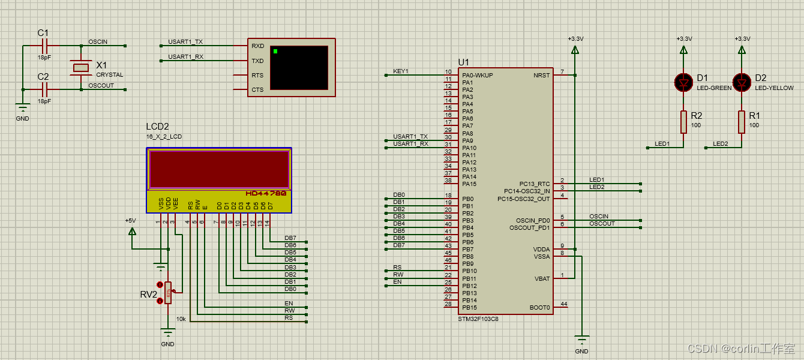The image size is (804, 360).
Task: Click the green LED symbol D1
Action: (683, 82)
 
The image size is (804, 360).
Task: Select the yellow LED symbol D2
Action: (742, 82)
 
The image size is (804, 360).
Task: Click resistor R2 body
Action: (683, 122)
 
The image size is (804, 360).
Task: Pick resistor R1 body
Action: (742, 122)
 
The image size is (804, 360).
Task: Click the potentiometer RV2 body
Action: (168, 293)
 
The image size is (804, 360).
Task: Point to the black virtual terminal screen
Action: (299, 67)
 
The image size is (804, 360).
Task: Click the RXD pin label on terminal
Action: (257, 46)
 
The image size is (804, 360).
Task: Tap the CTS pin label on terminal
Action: (257, 90)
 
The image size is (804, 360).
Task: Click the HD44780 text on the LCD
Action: (266, 194)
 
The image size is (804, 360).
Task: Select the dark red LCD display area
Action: (219, 169)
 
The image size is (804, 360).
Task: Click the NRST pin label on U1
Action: (541, 76)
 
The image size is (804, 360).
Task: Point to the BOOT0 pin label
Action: (540, 308)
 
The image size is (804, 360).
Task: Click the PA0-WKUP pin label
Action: (478, 76)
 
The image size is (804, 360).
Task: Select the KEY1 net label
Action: (400, 71)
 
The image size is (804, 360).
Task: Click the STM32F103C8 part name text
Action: (478, 319)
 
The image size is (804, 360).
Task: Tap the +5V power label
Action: (131, 221)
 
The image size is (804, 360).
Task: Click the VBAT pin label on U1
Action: (542, 278)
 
